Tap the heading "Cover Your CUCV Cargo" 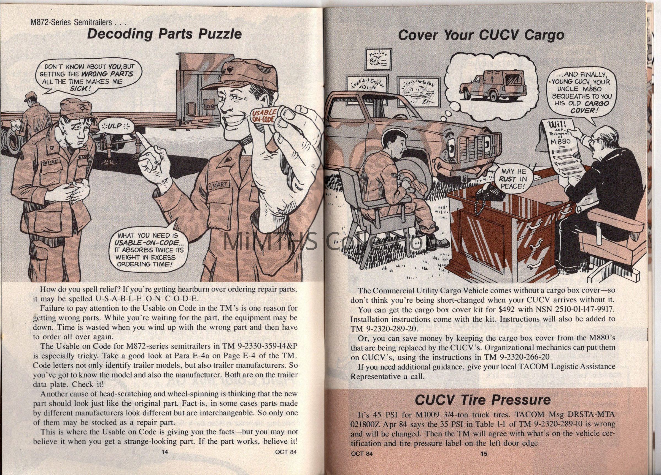point(481,35)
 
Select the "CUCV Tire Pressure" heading point(482,400)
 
